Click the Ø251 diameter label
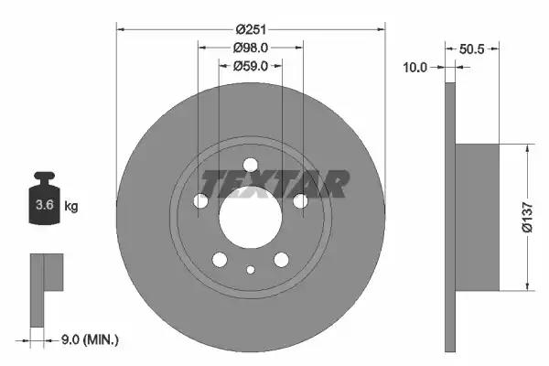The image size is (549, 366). [x=251, y=29]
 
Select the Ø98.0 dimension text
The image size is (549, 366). [x=251, y=48]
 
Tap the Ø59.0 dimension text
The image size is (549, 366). [x=251, y=66]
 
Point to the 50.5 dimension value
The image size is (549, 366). [x=471, y=49]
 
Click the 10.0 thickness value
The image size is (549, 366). [x=415, y=67]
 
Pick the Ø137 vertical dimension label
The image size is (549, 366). [x=527, y=217]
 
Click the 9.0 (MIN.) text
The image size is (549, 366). [x=90, y=339]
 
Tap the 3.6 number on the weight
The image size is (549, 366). [x=45, y=205]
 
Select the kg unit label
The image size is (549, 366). [x=71, y=206]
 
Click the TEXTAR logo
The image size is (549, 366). [x=274, y=184]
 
